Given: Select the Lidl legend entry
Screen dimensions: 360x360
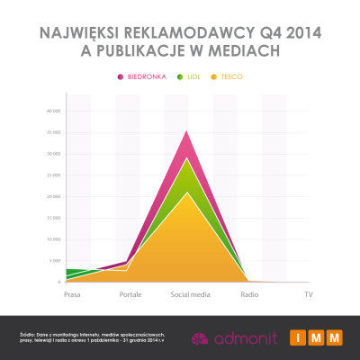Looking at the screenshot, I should (x=193, y=77).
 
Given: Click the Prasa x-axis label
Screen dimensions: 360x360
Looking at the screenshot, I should (x=74, y=294).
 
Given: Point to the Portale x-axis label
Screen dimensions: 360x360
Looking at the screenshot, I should (x=129, y=294).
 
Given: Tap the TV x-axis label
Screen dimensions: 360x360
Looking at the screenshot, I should (x=308, y=294).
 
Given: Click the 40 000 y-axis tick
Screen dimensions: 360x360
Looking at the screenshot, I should (x=52, y=111).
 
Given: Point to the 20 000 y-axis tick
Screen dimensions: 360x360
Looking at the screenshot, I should (x=52, y=196).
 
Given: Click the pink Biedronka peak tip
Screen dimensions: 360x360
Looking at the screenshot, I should (x=186, y=132).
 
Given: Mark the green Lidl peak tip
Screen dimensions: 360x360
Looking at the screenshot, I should (x=186, y=159).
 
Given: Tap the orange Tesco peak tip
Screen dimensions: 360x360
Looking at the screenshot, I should (x=186, y=193).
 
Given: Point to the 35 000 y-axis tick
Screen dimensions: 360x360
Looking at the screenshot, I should (x=52, y=132).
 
